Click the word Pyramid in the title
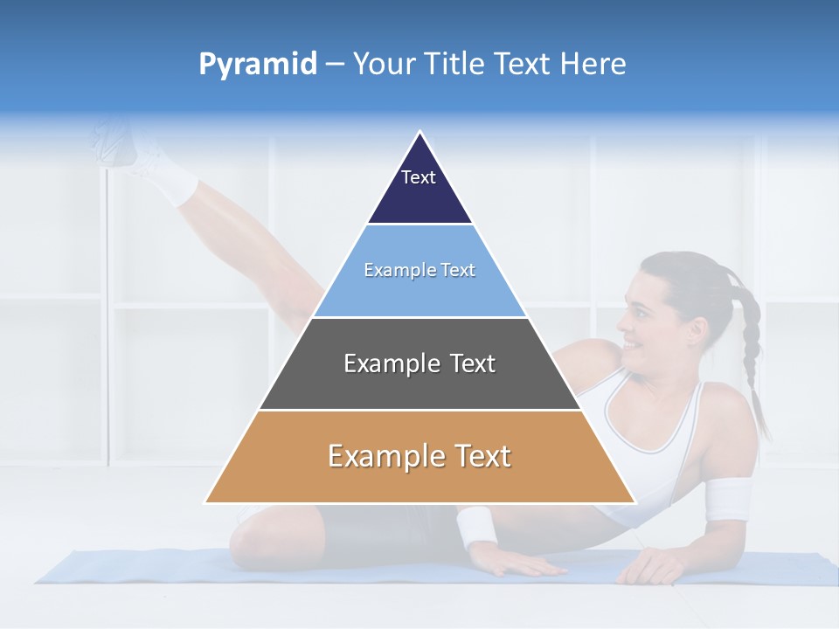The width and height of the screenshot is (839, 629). (x=258, y=65)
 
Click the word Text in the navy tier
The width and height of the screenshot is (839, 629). (x=418, y=177)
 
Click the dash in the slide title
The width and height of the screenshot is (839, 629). (x=335, y=65)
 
